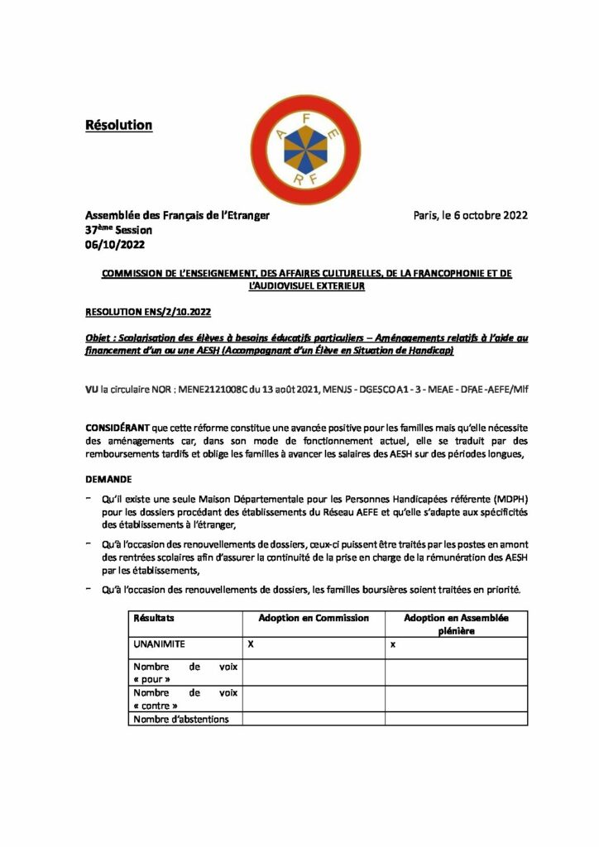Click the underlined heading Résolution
coord(119,125)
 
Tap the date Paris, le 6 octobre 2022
coord(470,216)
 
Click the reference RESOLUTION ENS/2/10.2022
coord(149,312)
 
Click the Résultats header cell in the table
coord(153,618)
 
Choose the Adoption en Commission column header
coord(314,618)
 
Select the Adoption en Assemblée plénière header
coord(456,624)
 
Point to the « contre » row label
coord(155,706)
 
